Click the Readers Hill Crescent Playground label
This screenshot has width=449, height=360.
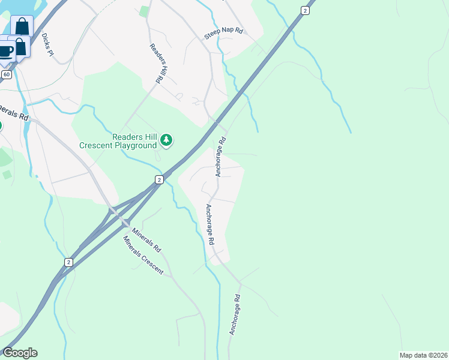click(118, 141)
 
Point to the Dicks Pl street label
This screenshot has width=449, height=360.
click(47, 45)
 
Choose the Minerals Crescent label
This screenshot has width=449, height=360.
click(143, 255)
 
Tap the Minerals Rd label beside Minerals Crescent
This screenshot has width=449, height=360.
click(147, 238)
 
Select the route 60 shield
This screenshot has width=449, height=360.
click(7, 74)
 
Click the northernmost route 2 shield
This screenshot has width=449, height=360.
click(306, 10)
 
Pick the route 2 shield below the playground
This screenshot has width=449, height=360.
click(159, 179)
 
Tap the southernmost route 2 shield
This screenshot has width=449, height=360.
click(68, 262)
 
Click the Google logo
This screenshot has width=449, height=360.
click(20, 353)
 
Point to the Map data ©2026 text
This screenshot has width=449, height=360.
click(423, 355)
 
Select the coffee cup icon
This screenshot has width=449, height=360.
click(5, 50)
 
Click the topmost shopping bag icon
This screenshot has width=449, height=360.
click(22, 26)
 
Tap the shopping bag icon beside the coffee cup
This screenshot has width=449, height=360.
click(20, 47)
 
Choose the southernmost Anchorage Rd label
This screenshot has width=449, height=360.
click(235, 315)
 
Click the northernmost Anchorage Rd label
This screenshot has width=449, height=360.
click(221, 157)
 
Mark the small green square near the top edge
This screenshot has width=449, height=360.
click(143, 11)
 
